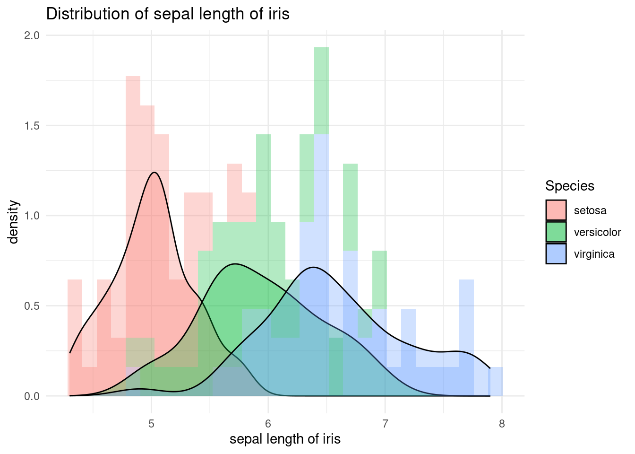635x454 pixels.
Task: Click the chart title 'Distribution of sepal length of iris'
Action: (168, 14)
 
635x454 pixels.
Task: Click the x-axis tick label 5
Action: (151, 423)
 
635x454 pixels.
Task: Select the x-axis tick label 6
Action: (268, 423)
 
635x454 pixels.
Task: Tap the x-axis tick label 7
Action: (385, 423)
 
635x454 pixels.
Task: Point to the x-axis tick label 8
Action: (502, 423)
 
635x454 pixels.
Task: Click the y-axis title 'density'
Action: (14, 221)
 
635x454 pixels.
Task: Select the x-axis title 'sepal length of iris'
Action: (285, 439)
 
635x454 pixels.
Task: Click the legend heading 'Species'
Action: (569, 186)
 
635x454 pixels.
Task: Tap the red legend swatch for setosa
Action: (556, 210)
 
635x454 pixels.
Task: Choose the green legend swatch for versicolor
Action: (556, 232)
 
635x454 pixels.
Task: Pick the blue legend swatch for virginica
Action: (556, 254)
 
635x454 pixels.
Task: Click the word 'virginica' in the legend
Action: (594, 254)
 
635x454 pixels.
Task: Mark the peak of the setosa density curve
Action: (154, 172)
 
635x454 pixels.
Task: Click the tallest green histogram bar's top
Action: (321, 48)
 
